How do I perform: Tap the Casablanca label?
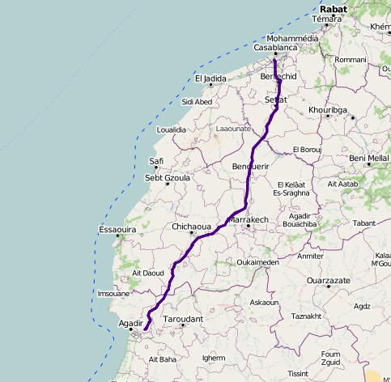coord(277,48)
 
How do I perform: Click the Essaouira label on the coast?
coord(116,230)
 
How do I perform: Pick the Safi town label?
coord(156,161)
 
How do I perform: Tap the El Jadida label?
coord(210,79)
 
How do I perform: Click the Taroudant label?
coord(182,319)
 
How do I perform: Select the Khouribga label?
coord(328,109)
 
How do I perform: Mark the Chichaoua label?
coord(192,227)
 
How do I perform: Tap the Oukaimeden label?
coord(257,262)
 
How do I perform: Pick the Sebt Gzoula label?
coord(167,177)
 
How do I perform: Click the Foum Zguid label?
coord(330,358)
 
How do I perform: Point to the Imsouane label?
coord(113,293)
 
